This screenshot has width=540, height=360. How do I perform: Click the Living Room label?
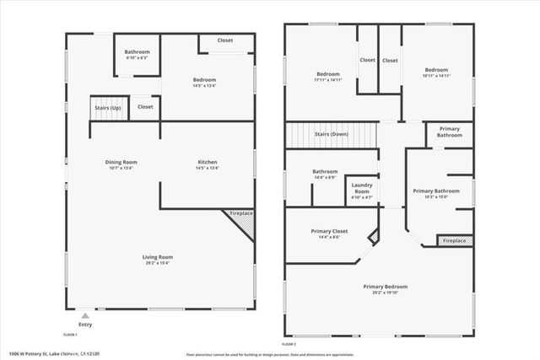pyautogui.click(x=157, y=259)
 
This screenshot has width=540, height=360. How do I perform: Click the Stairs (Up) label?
pyautogui.click(x=107, y=108)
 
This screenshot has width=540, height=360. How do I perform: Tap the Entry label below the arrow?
pyautogui.click(x=86, y=324)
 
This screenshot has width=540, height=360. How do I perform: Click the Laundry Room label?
pyautogui.click(x=362, y=187)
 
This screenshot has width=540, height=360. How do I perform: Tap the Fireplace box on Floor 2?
pyautogui.click(x=454, y=241)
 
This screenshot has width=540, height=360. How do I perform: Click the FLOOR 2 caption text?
pyautogui.click(x=289, y=344)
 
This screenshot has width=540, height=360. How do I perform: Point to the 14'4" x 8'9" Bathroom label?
pyautogui.click(x=325, y=174)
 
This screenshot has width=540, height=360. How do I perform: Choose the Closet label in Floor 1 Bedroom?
pyautogui.click(x=224, y=40)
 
